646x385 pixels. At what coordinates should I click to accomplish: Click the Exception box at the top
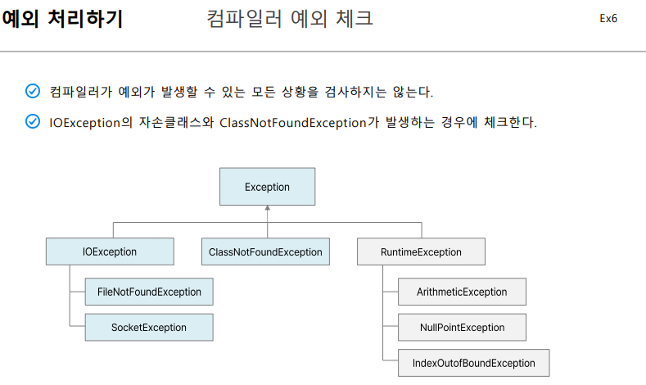tap(267, 187)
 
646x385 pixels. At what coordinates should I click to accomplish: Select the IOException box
tap(110, 251)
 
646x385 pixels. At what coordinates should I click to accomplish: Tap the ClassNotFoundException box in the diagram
tap(265, 251)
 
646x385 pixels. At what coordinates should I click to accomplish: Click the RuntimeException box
tap(421, 251)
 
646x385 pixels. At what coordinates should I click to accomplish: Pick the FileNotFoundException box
tap(149, 292)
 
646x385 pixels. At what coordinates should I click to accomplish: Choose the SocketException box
tap(149, 328)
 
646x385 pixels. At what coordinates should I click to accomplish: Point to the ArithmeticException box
tap(462, 292)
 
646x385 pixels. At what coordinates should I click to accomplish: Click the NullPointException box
tap(462, 328)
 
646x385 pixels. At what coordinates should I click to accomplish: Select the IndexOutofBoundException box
tap(473, 363)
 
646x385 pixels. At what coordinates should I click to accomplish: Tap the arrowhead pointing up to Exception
tap(267, 209)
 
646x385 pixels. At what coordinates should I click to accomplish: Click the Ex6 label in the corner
tap(608, 19)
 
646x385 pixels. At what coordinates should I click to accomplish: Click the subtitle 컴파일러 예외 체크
tap(291, 19)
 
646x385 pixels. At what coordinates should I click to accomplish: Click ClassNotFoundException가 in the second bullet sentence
tap(292, 123)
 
